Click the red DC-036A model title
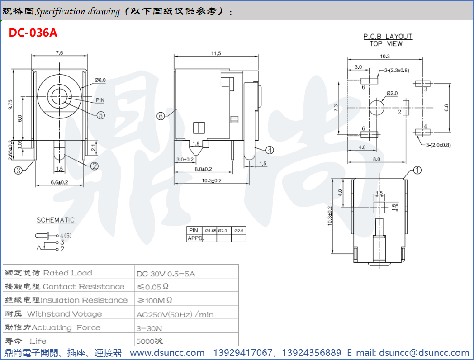coord(33,33)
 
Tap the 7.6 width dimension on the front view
coord(59,53)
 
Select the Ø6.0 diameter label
coord(100,80)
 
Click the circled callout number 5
coord(101,115)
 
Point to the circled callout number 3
coord(19,171)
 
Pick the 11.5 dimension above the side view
coord(216,53)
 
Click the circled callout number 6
coord(161,116)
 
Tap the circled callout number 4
coord(270,150)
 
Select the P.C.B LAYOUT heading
coord(388,37)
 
